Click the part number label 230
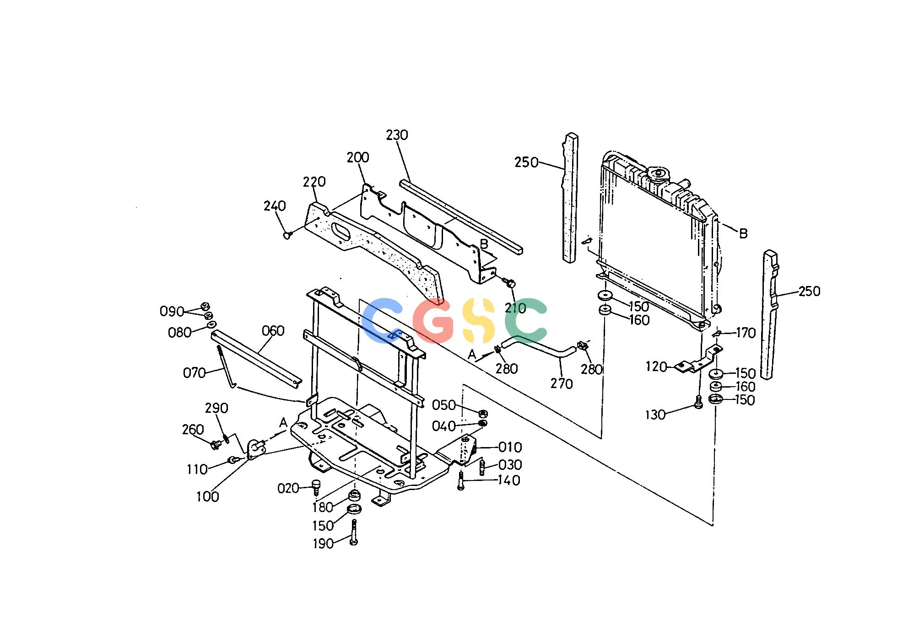tap(397, 135)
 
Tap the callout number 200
tap(358, 157)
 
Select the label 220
tap(314, 182)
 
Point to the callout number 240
tap(275, 206)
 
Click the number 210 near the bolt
tap(516, 308)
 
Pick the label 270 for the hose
tap(562, 383)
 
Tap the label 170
tap(746, 333)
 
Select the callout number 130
tap(655, 415)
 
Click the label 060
tap(273, 331)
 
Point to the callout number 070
tap(194, 373)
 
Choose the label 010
tap(510, 447)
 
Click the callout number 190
tap(323, 544)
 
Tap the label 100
tap(207, 496)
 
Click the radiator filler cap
tap(658, 175)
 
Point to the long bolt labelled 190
tap(353, 532)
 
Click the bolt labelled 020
tap(315, 486)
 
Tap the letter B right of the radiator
tap(743, 233)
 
